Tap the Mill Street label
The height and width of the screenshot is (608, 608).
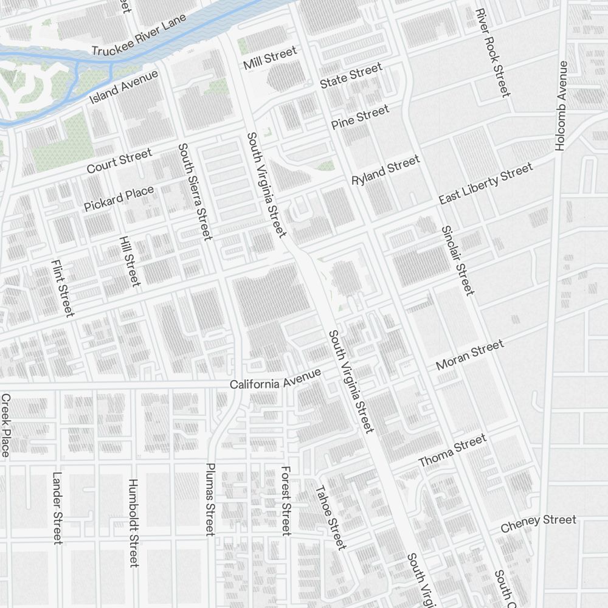point(270,58)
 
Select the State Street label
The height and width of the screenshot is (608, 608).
point(351,75)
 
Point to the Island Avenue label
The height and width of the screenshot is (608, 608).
point(123,87)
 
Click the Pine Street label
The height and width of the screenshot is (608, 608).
point(360,117)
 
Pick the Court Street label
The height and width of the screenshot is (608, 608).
point(119,161)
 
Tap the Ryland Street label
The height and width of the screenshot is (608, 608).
point(385,170)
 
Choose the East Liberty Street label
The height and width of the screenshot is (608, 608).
point(486,183)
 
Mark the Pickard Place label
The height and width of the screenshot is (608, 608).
point(119,199)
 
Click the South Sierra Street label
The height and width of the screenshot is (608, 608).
point(195,192)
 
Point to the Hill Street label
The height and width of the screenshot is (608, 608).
point(130,261)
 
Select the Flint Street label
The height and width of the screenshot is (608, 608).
point(63,288)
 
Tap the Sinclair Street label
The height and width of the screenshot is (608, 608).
point(457,260)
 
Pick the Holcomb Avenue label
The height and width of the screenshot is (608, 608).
point(561,106)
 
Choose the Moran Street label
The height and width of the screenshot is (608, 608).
point(470,356)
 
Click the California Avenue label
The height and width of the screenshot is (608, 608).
point(275,380)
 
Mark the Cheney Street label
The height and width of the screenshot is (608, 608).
point(538,523)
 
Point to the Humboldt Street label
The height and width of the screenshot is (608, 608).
point(134,523)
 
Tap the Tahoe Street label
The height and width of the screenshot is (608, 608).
point(330,517)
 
